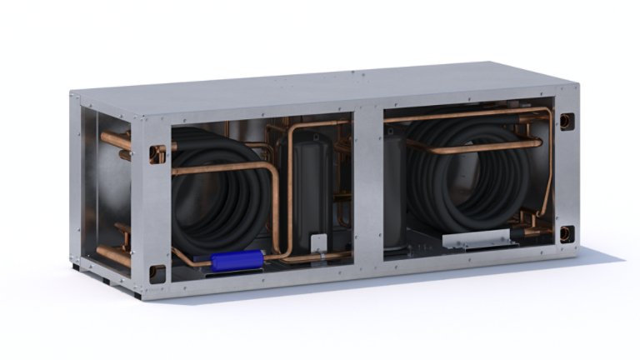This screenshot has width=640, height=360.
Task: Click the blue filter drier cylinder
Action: tap(237, 261)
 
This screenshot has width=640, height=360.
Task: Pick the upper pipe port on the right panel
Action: tap(567, 122)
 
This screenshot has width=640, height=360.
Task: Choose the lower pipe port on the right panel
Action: tap(567, 234)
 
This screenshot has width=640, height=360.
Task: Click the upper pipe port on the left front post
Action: tap(157, 154)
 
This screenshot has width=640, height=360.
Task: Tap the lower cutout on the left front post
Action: tap(157, 272)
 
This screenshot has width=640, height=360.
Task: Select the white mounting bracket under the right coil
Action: tap(476, 239)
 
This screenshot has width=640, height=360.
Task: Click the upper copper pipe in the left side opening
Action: tap(117, 141)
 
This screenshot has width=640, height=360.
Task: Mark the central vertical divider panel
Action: tap(367, 183)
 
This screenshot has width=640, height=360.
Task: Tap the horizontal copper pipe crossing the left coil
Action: tap(221, 167)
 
